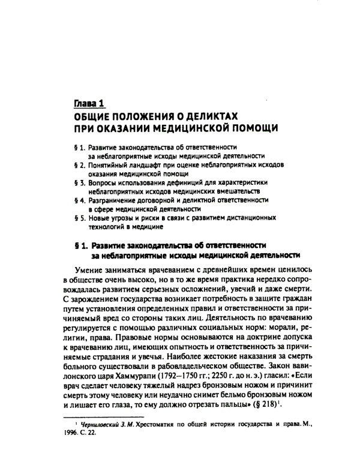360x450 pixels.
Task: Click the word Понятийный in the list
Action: point(106,164)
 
